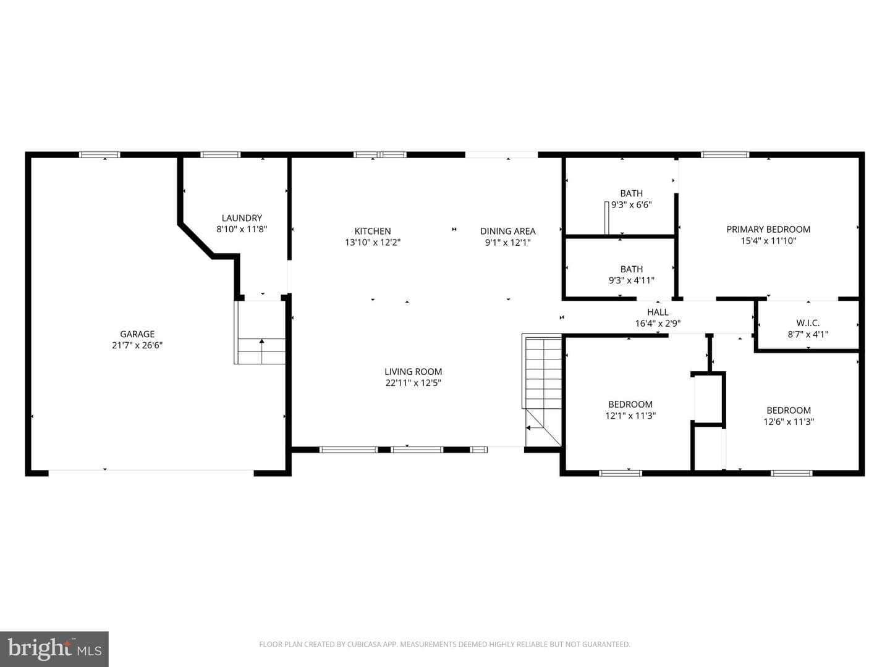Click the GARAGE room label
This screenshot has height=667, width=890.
137,334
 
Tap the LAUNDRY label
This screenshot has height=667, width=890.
242,218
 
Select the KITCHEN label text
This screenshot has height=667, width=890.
373,231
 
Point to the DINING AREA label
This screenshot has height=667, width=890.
507,231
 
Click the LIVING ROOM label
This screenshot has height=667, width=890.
413,371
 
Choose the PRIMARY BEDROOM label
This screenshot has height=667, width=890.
768,229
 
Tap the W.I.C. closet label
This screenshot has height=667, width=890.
808,323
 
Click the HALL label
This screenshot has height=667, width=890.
658,313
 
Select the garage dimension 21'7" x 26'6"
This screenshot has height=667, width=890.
137,345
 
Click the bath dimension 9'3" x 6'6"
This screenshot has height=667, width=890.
631,205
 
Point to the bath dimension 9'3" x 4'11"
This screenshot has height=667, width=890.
631,280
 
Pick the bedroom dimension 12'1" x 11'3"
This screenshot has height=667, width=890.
630,416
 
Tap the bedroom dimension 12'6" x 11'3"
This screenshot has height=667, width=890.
789,422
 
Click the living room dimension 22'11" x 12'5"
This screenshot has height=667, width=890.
413,383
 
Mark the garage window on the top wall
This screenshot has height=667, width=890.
100,154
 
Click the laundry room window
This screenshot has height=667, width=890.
221,154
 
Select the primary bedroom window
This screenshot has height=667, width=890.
725,154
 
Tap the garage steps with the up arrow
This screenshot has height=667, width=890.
260,332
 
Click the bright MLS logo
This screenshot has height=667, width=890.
54,648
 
